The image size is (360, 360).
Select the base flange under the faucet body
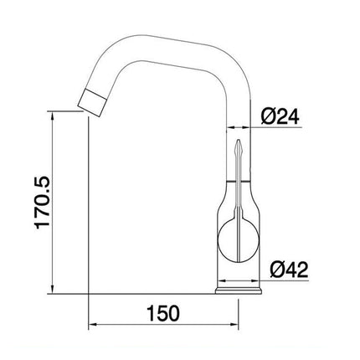click(240, 290)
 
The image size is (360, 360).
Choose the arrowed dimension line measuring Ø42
click(285, 281)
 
